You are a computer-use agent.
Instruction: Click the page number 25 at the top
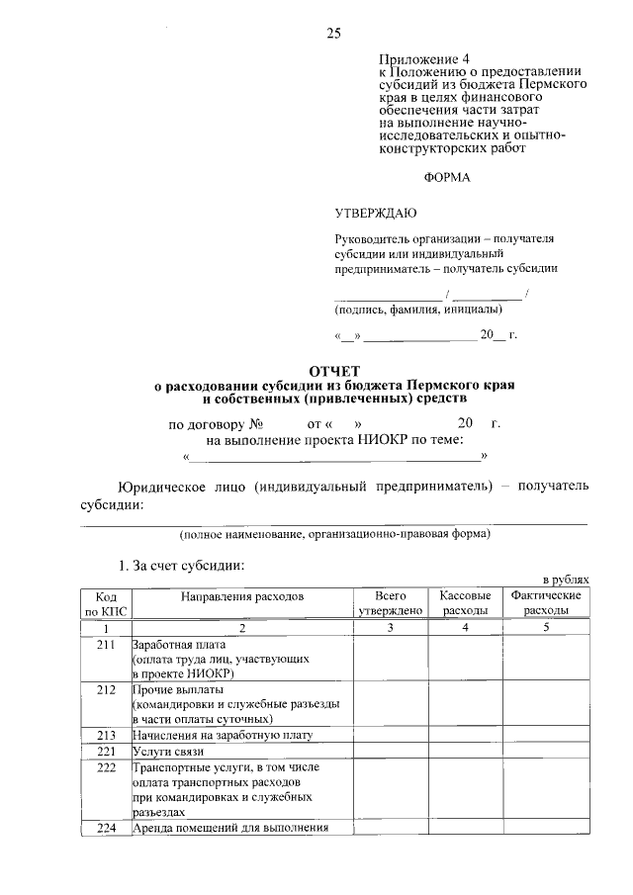(333, 34)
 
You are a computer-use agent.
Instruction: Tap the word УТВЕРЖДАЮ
(376, 213)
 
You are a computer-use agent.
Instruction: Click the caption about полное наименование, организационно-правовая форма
(334, 534)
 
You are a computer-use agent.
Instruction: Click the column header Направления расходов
(242, 597)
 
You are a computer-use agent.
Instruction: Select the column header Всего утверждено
(391, 604)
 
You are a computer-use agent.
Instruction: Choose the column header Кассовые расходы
(465, 604)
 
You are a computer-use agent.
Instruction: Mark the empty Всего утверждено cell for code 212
(391, 703)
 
